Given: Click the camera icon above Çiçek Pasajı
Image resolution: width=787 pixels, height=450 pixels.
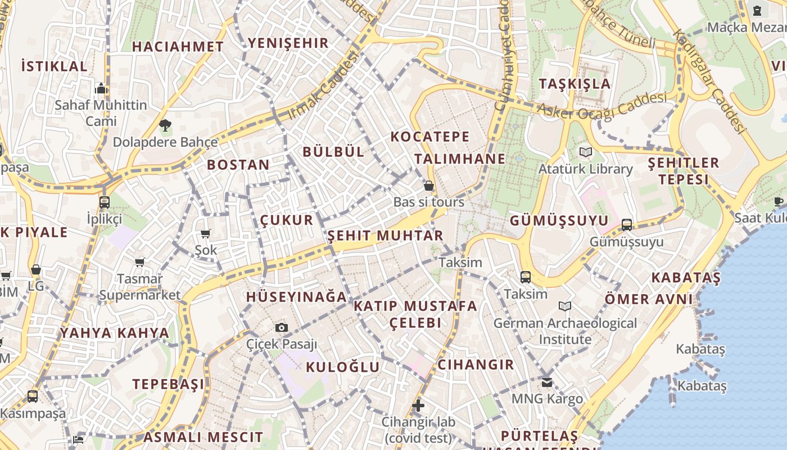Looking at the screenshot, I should (282, 327).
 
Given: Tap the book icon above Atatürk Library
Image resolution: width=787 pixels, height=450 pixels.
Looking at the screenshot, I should (586, 152).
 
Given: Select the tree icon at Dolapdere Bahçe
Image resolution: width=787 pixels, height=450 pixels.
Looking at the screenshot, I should (165, 125).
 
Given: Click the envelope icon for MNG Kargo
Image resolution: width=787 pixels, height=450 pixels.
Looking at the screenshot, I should (547, 382).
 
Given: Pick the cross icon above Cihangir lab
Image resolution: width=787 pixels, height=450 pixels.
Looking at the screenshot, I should (418, 405).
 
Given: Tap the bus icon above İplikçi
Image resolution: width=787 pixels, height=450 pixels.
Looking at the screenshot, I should (105, 202).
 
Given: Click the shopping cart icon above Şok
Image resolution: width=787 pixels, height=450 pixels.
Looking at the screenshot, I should (206, 233).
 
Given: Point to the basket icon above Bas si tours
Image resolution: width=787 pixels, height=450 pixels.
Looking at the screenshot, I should (429, 186).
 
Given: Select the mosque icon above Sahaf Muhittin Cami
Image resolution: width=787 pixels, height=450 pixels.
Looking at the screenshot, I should (101, 88).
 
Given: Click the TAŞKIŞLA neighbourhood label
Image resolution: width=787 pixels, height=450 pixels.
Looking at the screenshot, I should (575, 84).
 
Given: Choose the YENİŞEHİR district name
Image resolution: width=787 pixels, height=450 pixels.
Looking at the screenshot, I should (288, 43).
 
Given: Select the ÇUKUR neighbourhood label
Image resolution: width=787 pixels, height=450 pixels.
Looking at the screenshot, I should (287, 220).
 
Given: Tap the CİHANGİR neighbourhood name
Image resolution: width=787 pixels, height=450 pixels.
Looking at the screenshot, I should (476, 364).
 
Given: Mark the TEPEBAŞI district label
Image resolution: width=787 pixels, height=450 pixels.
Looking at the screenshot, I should (169, 384).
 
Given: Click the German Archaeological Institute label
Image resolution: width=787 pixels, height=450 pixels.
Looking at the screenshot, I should (565, 331).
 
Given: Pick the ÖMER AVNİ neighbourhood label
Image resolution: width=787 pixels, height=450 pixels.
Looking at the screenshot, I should (649, 299).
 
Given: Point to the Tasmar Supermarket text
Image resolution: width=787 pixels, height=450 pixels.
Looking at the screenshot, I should (140, 287).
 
